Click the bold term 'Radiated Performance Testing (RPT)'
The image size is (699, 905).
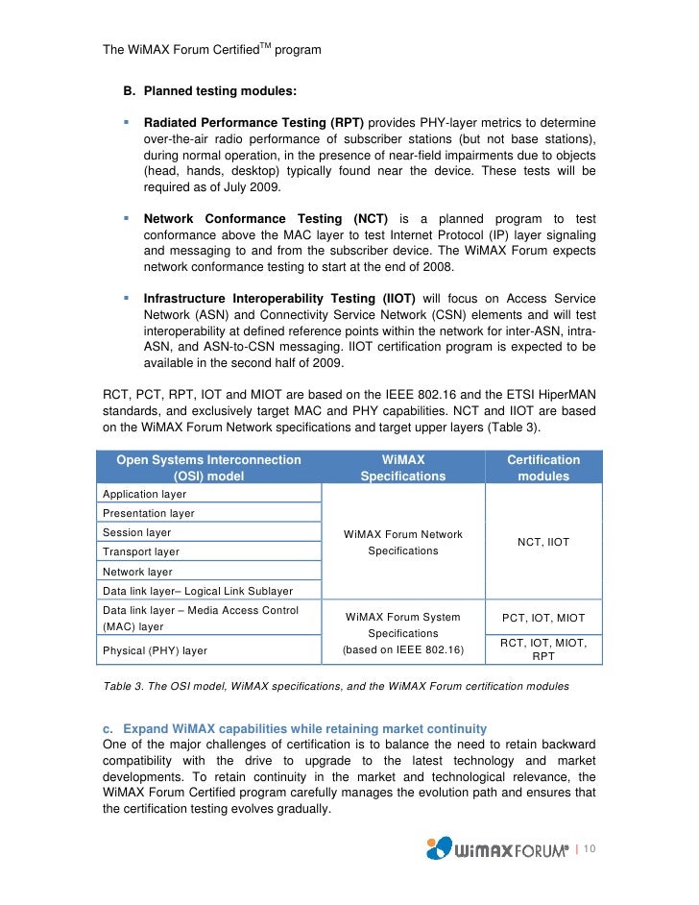click(253, 123)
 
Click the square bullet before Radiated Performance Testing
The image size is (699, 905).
click(125, 123)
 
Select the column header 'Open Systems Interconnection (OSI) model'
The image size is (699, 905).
click(208, 468)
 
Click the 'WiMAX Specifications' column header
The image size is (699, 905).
click(402, 468)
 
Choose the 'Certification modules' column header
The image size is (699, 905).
click(543, 468)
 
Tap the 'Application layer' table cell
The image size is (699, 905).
click(145, 494)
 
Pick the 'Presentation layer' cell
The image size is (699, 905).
click(149, 513)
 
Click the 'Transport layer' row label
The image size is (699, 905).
click(141, 552)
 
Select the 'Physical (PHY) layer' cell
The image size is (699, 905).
click(155, 650)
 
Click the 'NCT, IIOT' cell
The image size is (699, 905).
click(543, 542)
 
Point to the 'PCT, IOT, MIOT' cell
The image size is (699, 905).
click(543, 618)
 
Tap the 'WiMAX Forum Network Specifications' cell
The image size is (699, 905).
click(402, 543)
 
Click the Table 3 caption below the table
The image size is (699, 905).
click(335, 687)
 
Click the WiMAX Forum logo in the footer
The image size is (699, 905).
click(495, 848)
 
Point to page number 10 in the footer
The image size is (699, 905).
click(590, 848)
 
